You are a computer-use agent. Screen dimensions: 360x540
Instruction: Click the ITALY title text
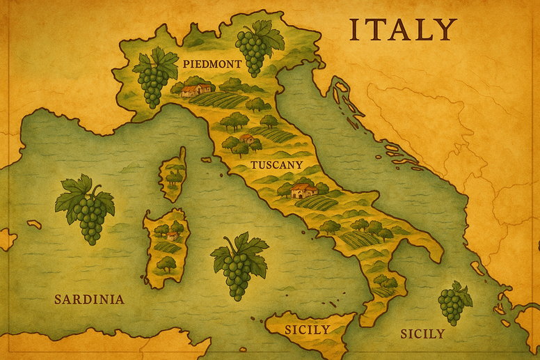(x=402, y=30)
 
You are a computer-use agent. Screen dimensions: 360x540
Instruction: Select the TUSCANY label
(x=276, y=165)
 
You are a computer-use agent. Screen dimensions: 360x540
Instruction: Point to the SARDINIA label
(x=89, y=299)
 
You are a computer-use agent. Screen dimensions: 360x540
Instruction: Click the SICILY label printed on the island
(x=307, y=329)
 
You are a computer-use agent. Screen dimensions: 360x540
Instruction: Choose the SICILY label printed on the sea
(x=422, y=334)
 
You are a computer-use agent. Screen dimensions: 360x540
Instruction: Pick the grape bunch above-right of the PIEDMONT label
(x=257, y=45)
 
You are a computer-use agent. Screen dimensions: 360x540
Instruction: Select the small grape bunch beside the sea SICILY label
(x=453, y=302)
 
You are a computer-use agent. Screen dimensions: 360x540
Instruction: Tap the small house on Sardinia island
(x=172, y=236)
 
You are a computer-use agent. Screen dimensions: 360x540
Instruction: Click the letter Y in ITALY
(x=445, y=30)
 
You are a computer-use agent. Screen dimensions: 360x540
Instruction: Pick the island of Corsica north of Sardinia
(x=173, y=173)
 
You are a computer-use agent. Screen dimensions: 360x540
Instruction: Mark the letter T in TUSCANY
(x=253, y=165)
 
